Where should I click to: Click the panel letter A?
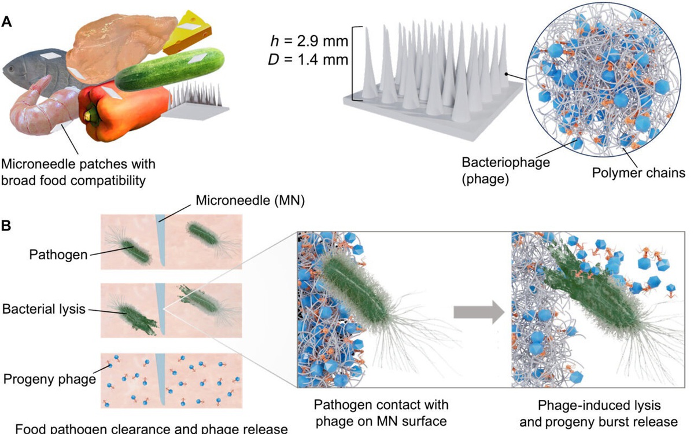(x=8, y=21)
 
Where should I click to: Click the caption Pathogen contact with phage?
(x=381, y=403)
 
